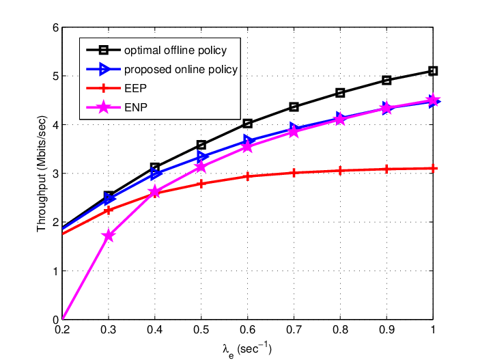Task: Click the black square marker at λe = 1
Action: click(x=433, y=71)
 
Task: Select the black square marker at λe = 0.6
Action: click(x=247, y=124)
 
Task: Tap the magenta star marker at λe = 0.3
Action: click(x=109, y=236)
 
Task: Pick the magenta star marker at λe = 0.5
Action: click(x=201, y=167)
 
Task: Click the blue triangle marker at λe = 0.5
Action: click(x=202, y=157)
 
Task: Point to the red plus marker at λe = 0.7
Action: click(x=294, y=173)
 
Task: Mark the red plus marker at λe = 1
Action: click(x=433, y=169)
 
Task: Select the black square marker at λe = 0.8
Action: click(x=340, y=93)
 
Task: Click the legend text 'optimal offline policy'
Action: click(x=175, y=51)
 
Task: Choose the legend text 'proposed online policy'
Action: click(x=181, y=70)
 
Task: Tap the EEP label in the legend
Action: click(x=135, y=89)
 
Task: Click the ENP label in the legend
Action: click(x=136, y=107)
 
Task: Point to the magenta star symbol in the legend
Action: click(x=104, y=107)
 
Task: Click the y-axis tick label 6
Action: click(x=55, y=28)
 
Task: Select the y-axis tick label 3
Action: click(x=55, y=174)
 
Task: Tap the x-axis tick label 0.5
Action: click(x=201, y=330)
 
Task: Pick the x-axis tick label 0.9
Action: click(x=386, y=330)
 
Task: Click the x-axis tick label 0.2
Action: click(x=63, y=330)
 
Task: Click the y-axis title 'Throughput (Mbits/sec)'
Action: click(x=42, y=174)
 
